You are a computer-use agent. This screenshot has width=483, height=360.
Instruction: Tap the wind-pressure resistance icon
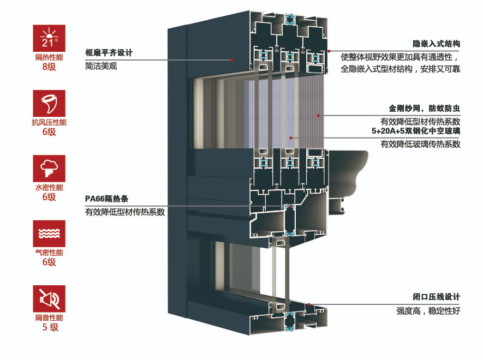pos(49,103)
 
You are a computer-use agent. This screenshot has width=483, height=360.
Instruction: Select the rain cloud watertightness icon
pos(49,168)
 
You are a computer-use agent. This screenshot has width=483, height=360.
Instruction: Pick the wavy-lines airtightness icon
pos(49,233)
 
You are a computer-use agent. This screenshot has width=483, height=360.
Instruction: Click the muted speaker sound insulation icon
pos(49,298)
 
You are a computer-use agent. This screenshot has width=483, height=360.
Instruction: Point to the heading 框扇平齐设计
pos(109,53)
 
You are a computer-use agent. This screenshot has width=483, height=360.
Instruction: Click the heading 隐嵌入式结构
pos(437,43)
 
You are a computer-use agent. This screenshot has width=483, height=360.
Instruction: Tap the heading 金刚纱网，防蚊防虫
pos(425,108)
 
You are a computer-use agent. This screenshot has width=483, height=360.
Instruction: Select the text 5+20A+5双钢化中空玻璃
pos(416,131)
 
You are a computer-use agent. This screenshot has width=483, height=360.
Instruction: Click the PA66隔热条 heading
pos(106,199)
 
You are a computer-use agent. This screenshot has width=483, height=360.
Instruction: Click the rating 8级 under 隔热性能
pos(49,67)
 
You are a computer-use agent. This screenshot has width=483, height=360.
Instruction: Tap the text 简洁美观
pos(101,66)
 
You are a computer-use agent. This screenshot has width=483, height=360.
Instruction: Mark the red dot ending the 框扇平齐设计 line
pos(231,59)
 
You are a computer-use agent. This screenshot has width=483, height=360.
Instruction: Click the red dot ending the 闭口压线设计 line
pos(309,304)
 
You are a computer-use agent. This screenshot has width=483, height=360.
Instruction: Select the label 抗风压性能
pos(49,123)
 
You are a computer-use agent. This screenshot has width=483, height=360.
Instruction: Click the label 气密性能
pos(49,253)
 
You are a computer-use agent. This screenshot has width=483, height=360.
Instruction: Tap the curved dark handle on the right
pos(349,169)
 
